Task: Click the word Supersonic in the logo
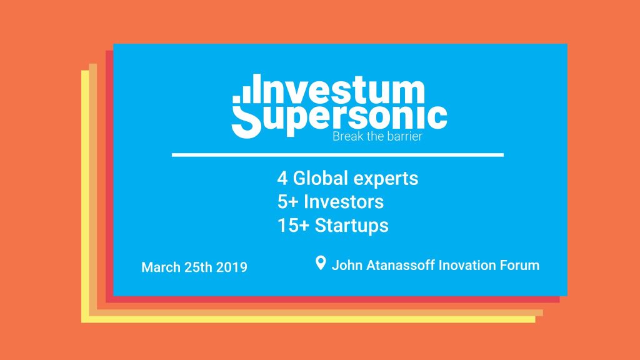point(339,119)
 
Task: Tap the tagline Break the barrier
point(377,136)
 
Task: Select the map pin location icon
point(321,263)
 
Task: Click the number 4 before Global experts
point(282,178)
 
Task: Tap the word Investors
point(344,202)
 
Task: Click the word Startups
point(351,226)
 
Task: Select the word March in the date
point(161,267)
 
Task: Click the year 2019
point(231,267)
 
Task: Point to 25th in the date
point(198,267)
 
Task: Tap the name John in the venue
point(347,265)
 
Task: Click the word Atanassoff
point(401,265)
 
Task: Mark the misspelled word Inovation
point(467,265)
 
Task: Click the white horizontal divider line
point(337,155)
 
